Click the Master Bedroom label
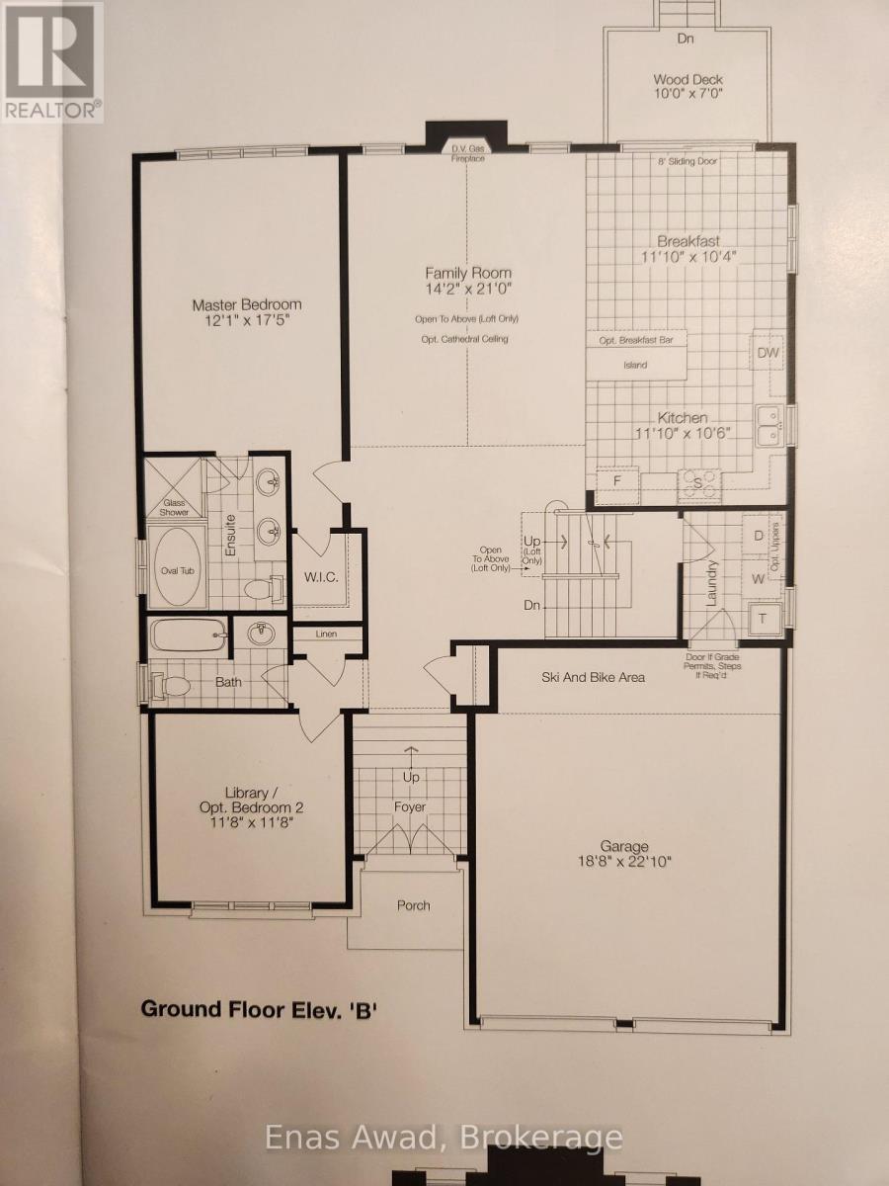[246, 304]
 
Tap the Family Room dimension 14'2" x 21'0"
[468, 292]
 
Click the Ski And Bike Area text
[593, 677]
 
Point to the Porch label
[414, 905]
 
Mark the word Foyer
[410, 807]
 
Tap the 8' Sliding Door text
[687, 161]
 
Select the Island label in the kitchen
[635, 366]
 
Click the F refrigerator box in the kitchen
[617, 480]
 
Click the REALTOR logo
[51, 61]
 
